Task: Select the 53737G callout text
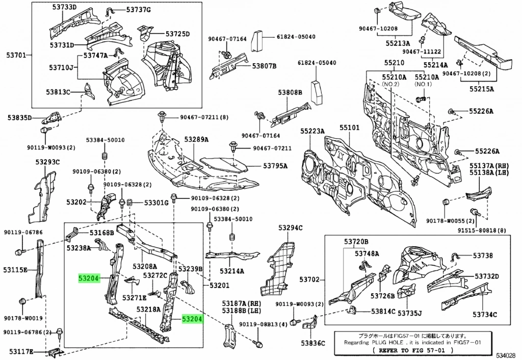[139, 10]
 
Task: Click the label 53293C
[47, 162]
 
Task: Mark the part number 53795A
[275, 166]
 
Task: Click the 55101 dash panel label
[350, 131]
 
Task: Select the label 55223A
[312, 131]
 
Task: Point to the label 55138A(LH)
[489, 173]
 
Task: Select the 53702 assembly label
[309, 279]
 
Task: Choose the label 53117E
[20, 351]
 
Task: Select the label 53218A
[148, 309]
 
